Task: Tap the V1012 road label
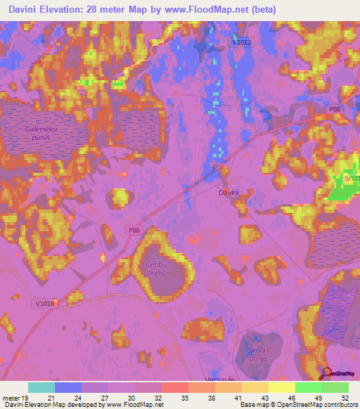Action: pyautogui.click(x=241, y=43)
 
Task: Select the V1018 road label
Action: pyautogui.click(x=44, y=303)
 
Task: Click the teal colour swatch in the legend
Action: pyautogui.click(x=41, y=387)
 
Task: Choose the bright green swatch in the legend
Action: pyautogui.click(x=309, y=387)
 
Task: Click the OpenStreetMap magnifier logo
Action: pyautogui.click(x=327, y=374)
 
